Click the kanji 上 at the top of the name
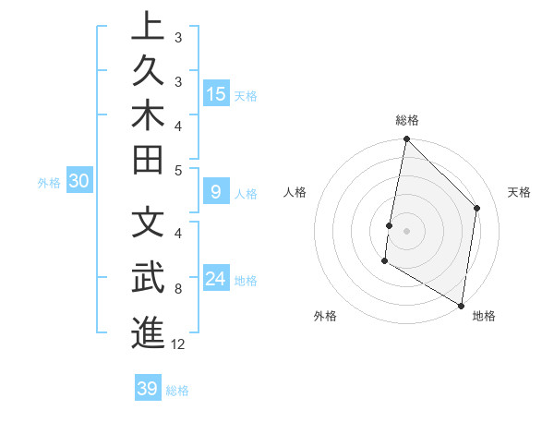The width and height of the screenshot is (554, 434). (148, 26)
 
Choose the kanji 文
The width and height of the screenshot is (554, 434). (148, 223)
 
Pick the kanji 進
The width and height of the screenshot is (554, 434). (148, 332)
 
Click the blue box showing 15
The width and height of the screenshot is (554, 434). (216, 93)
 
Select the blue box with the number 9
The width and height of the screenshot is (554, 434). (216, 192)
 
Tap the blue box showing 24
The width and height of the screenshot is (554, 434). (216, 279)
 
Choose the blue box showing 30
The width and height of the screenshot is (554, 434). (79, 181)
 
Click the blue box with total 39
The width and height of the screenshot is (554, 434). (148, 388)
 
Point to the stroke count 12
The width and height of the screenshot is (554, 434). (178, 344)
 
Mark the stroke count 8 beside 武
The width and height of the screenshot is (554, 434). (177, 289)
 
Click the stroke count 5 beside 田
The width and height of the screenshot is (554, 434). (177, 170)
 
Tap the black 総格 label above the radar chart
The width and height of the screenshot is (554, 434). (406, 120)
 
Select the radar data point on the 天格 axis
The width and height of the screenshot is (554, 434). (477, 209)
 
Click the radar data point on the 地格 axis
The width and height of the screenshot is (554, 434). (461, 305)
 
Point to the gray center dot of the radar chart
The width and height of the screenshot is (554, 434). (406, 230)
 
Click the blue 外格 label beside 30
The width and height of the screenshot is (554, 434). (49, 182)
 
